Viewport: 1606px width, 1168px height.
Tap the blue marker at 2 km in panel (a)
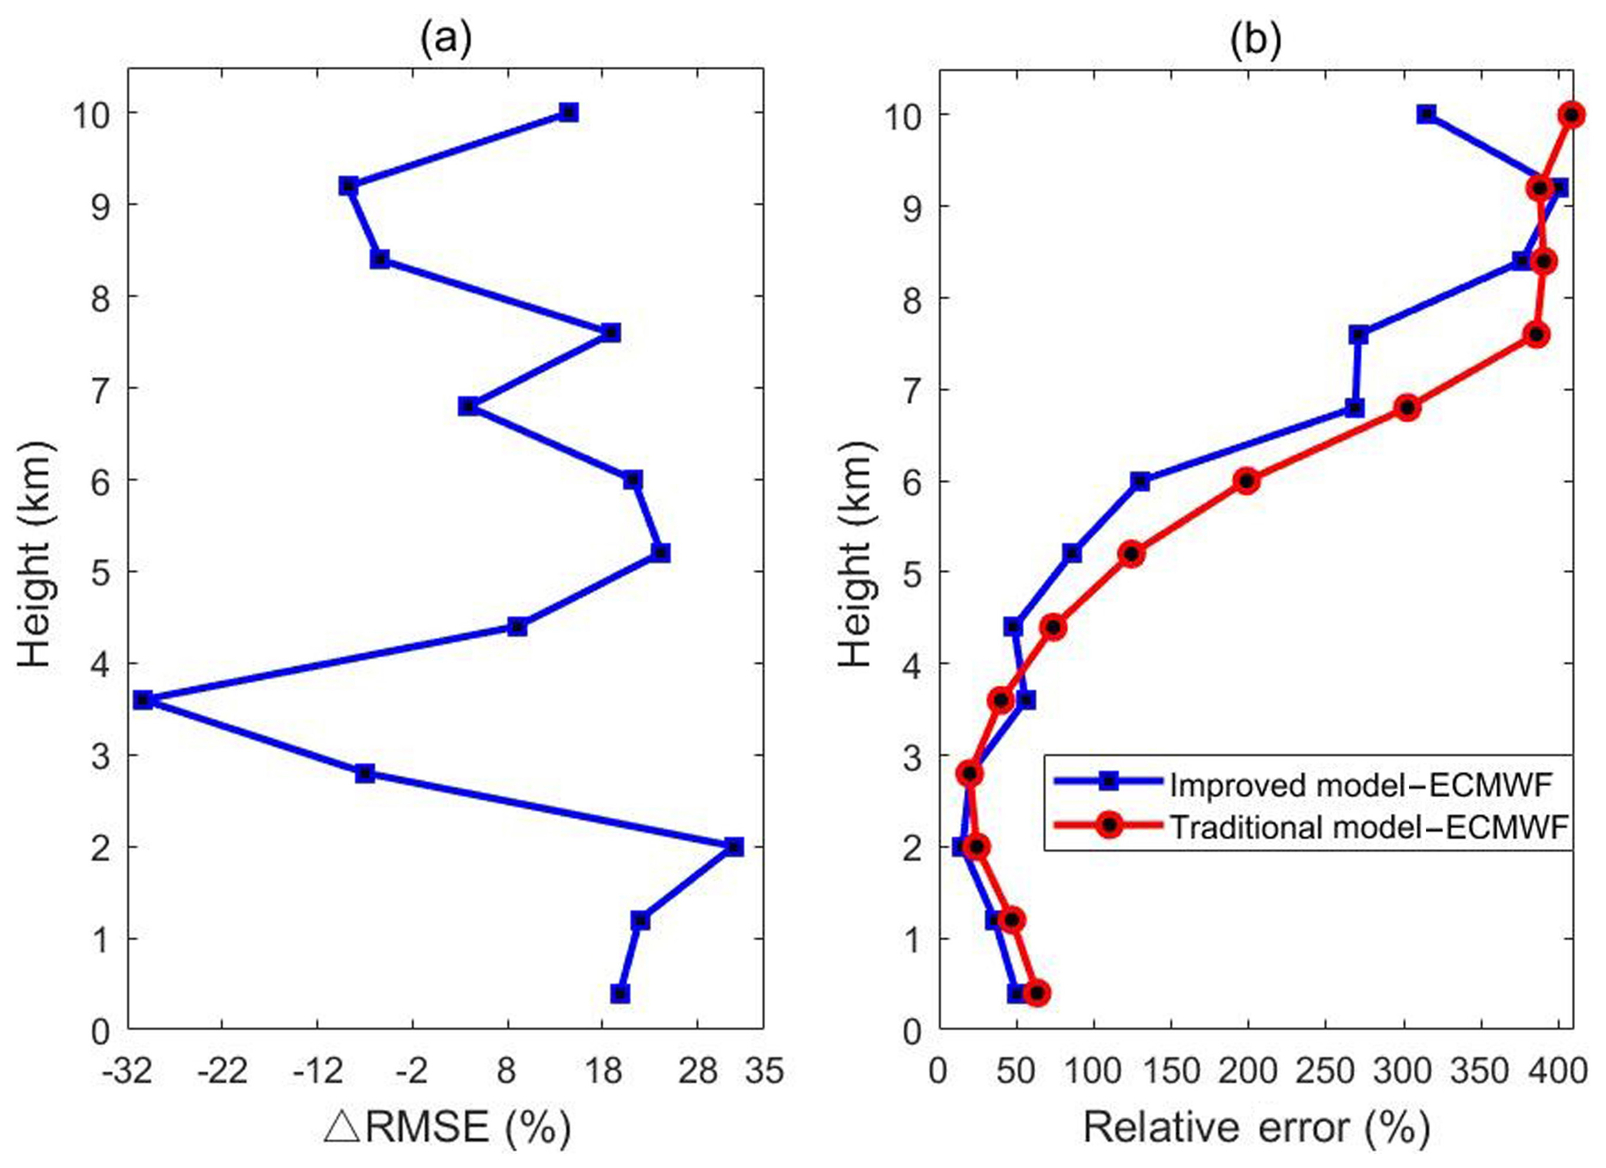point(734,847)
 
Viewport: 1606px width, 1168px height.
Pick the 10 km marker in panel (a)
point(568,113)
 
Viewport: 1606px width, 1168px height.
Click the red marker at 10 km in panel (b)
point(1572,115)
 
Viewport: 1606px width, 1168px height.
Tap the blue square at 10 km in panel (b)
point(1426,115)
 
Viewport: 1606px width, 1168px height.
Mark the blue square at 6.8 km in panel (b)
point(1354,408)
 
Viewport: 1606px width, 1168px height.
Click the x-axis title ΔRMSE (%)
point(447,1127)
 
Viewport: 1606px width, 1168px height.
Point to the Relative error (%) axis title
point(1256,1127)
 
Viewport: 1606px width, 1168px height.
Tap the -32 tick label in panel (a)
point(128,1072)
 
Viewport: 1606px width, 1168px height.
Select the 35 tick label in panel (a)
point(764,1072)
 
